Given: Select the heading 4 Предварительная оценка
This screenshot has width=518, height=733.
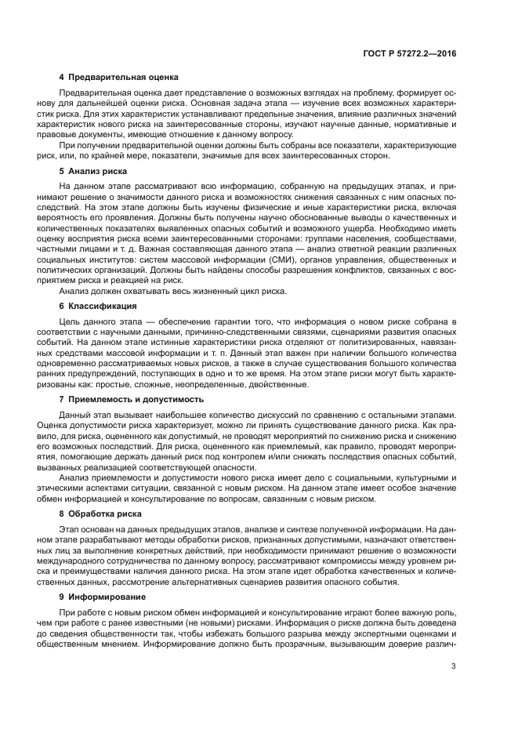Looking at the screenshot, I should (x=119, y=77).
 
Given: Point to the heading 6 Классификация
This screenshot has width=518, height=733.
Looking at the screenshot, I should (x=98, y=306).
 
